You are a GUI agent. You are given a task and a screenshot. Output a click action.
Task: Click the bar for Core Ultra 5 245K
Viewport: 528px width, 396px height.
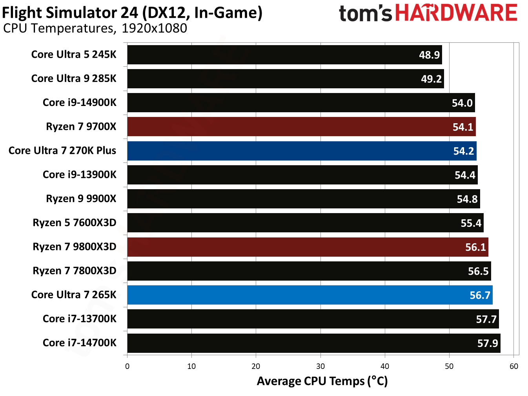284,55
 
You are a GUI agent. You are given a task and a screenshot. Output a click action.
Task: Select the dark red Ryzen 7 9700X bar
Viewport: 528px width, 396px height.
301,127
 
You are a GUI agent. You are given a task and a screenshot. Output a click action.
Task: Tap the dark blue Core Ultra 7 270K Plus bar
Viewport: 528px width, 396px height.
302,151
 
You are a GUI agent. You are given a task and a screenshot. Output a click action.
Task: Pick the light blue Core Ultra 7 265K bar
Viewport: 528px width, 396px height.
310,295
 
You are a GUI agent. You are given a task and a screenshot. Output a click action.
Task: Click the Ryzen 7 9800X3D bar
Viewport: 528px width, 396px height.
308,247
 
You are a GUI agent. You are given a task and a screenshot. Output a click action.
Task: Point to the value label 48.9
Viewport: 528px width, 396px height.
429,55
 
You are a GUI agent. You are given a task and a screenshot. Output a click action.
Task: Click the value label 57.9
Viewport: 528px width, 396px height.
488,343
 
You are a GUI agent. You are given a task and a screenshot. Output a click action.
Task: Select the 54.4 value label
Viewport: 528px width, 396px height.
465,175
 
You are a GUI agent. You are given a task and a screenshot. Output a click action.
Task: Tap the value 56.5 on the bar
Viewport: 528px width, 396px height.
478,271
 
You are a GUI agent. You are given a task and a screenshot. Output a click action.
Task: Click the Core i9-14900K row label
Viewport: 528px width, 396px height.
80,103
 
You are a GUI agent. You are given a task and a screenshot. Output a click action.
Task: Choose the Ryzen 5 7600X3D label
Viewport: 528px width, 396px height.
75,223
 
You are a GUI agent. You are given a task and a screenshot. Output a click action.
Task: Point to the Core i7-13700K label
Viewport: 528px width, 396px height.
80,319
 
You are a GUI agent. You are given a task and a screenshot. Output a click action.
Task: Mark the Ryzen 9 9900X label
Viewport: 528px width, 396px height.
81,199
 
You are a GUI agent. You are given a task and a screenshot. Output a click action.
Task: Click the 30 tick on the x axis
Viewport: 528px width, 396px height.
320,366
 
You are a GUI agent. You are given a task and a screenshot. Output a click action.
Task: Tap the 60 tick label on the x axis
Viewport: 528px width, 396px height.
513,366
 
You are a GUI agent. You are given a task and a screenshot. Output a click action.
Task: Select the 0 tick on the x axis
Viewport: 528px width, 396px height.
127,366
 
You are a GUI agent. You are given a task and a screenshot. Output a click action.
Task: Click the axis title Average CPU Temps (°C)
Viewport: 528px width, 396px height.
322,381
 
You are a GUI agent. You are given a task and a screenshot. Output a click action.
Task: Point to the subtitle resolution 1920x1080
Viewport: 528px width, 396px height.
154,28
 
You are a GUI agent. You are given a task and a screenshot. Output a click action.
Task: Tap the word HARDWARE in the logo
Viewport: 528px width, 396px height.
456,13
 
